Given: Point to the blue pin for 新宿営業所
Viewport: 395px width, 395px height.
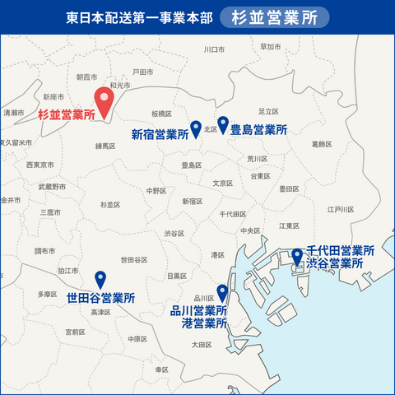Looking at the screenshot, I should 196,128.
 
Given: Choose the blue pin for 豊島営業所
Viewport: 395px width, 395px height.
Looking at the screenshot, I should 223,124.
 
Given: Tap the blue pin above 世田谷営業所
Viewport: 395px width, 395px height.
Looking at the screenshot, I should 100,280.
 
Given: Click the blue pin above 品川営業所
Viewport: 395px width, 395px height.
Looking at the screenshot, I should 221,292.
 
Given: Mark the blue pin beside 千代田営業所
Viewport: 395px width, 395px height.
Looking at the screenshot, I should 297,257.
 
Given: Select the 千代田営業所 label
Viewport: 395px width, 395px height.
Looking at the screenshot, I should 340,250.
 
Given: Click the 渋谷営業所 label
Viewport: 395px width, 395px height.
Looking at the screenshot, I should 335,263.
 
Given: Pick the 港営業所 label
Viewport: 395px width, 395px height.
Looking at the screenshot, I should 204,324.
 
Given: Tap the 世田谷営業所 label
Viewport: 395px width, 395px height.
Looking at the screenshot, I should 100,298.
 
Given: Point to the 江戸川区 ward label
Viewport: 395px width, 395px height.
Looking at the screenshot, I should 340,210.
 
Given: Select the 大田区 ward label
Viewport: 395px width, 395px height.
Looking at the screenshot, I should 202,345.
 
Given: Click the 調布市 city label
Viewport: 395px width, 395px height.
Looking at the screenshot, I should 44,250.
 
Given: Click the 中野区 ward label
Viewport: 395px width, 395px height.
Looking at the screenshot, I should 156,190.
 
